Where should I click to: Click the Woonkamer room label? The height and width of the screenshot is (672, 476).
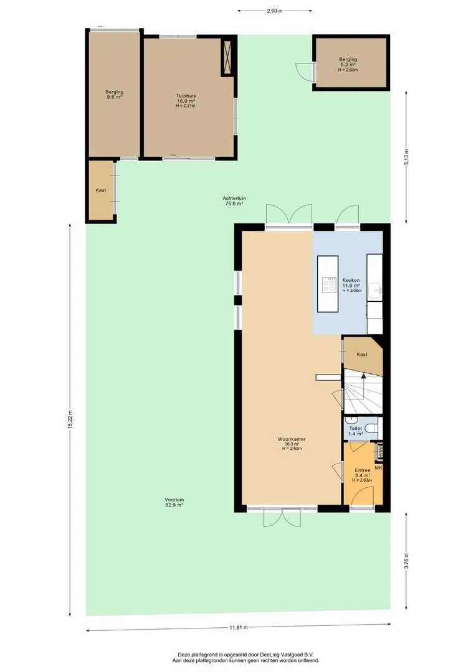(292, 439)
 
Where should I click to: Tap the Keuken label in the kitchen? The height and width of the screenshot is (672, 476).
(351, 280)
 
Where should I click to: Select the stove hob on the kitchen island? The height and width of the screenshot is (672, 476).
(329, 284)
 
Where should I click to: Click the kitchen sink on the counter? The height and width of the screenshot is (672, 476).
(378, 291)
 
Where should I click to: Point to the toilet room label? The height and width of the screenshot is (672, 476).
(355, 429)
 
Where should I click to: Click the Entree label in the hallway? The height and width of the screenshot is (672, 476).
(362, 470)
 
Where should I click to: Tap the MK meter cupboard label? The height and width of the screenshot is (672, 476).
(378, 467)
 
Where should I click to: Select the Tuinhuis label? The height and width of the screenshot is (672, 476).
(186, 96)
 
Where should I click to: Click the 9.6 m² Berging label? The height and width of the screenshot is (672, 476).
(115, 91)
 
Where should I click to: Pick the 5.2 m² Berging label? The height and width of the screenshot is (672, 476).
(348, 59)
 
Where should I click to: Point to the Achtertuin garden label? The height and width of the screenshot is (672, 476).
(234, 198)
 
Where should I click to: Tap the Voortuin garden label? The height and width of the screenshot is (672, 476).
(174, 500)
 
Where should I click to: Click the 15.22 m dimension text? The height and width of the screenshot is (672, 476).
(70, 419)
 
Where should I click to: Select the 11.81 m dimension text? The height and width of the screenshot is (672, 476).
(238, 627)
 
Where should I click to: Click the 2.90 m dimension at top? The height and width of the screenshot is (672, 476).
(275, 11)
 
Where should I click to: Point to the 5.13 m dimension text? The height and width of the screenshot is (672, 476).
(406, 157)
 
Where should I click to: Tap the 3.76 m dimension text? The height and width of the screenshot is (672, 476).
(406, 561)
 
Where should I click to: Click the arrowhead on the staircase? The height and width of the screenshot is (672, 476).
(364, 376)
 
